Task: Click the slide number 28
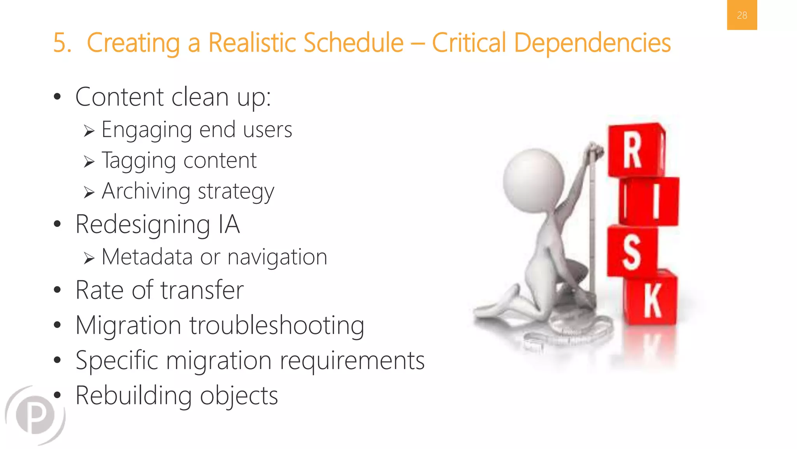[742, 15]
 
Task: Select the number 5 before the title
[61, 42]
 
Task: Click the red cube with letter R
[635, 150]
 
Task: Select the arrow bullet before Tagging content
[89, 161]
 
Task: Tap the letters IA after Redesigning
[229, 225]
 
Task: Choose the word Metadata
[147, 257]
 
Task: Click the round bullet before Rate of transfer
[58, 290]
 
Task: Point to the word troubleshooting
[277, 325]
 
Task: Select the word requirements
[352, 361]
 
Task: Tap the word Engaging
[146, 130]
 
